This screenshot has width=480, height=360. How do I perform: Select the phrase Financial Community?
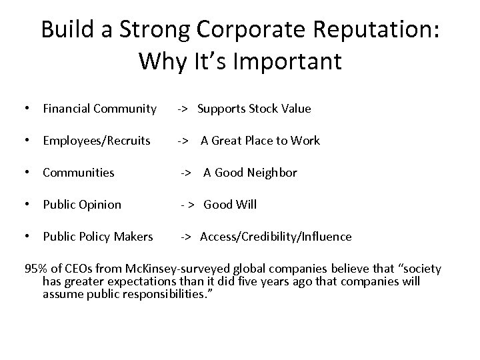pyautogui.click(x=99, y=109)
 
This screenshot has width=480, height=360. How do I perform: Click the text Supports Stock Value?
pyautogui.click(x=254, y=109)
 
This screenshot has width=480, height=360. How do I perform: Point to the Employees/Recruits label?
pyautogui.click(x=97, y=141)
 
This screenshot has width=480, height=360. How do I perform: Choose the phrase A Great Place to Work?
pyautogui.click(x=260, y=141)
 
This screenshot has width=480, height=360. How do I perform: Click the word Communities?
pyautogui.click(x=79, y=173)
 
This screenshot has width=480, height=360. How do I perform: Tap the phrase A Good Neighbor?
pyautogui.click(x=250, y=173)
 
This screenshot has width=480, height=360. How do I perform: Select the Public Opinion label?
pyautogui.click(x=82, y=205)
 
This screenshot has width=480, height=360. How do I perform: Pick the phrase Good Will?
pyautogui.click(x=230, y=205)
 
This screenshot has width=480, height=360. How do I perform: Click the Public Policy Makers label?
pyautogui.click(x=98, y=237)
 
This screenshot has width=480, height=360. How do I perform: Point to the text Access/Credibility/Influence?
pyautogui.click(x=276, y=237)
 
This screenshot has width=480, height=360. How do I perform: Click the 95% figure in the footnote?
pyautogui.click(x=35, y=269)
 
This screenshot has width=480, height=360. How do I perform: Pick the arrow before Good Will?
pyautogui.click(x=187, y=205)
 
